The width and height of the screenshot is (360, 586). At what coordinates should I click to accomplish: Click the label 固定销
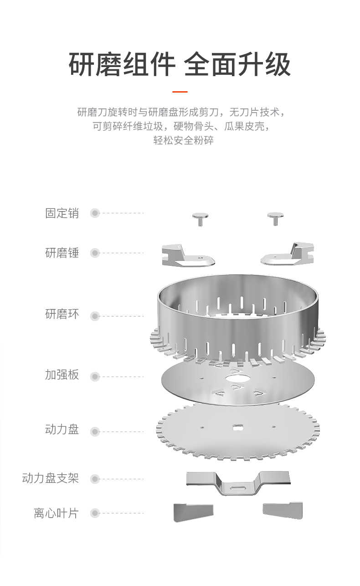coord(62,213)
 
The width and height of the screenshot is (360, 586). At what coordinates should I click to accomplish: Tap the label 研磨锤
coord(62,253)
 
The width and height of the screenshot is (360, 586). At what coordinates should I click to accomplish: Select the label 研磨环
coord(62,314)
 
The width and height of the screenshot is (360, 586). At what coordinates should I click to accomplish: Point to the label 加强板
coord(62,375)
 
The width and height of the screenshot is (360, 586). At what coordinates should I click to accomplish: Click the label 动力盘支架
coord(51,478)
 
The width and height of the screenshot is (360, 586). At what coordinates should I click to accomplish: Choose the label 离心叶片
coord(56,513)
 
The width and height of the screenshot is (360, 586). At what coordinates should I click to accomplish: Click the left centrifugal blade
coord(192,512)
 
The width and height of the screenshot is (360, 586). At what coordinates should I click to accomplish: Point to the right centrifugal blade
coord(283,510)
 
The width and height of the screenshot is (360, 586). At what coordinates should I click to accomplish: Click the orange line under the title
coord(180,92)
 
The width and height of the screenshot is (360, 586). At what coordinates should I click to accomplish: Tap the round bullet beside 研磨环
coord(95,316)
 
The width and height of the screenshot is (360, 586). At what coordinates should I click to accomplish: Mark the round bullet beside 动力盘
coord(95,431)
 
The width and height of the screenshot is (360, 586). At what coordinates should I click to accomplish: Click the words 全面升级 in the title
coord(237,65)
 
